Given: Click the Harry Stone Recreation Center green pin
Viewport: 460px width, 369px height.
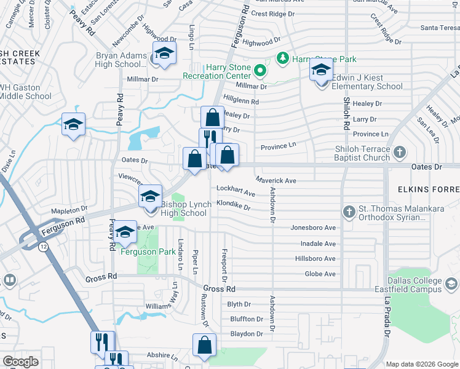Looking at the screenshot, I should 260,70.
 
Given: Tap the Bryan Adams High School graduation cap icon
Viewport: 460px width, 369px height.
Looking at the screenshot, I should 164,54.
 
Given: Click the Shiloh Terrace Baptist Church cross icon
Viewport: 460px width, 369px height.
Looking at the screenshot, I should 400,151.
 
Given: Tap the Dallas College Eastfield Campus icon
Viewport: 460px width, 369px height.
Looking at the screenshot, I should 451,284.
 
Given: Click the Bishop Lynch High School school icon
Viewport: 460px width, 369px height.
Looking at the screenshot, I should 149,197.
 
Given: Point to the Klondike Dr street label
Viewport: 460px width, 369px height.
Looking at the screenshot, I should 233,207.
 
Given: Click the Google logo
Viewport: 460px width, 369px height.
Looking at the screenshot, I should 21,362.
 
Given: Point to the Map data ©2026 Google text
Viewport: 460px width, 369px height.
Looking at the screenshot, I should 421,364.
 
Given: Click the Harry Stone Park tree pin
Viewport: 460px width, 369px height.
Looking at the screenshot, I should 283,58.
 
